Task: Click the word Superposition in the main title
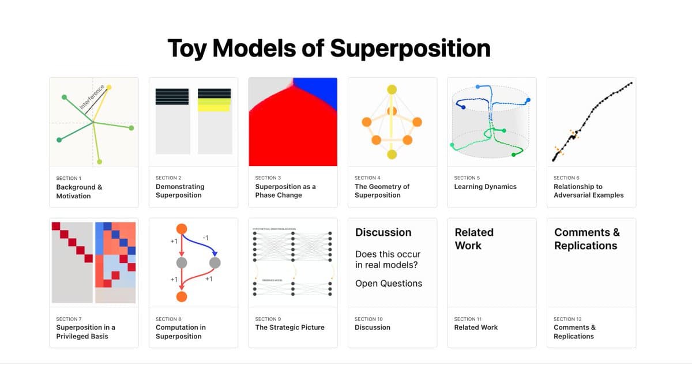[411, 48]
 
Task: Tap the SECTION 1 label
[69, 178]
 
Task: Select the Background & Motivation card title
[79, 191]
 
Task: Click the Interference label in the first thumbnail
[92, 97]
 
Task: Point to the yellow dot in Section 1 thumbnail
[108, 87]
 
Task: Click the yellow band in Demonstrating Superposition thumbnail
[214, 105]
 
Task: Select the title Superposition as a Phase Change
[285, 191]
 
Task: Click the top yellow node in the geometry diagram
[392, 89]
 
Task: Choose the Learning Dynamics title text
[485, 187]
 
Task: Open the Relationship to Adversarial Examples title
[588, 191]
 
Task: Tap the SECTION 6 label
[566, 178]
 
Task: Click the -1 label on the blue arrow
[205, 238]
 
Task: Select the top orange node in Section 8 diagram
[181, 229]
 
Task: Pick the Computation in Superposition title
[180, 332]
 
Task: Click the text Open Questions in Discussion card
[389, 283]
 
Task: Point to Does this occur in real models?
[388, 259]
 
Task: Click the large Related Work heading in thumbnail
[474, 239]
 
